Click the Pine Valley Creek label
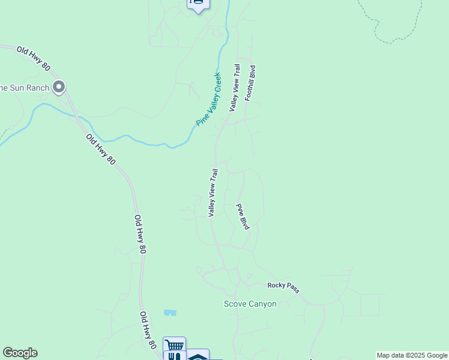click(209, 100)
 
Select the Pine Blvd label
click(243, 217)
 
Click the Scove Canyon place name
click(250, 304)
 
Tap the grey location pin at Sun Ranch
click(59, 88)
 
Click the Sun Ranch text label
click(24, 88)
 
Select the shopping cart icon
click(174, 345)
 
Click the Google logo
click(20, 353)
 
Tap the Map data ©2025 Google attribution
click(412, 355)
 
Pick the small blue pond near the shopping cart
click(170, 313)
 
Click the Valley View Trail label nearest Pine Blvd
click(212, 193)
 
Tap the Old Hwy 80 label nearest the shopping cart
click(148, 331)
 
